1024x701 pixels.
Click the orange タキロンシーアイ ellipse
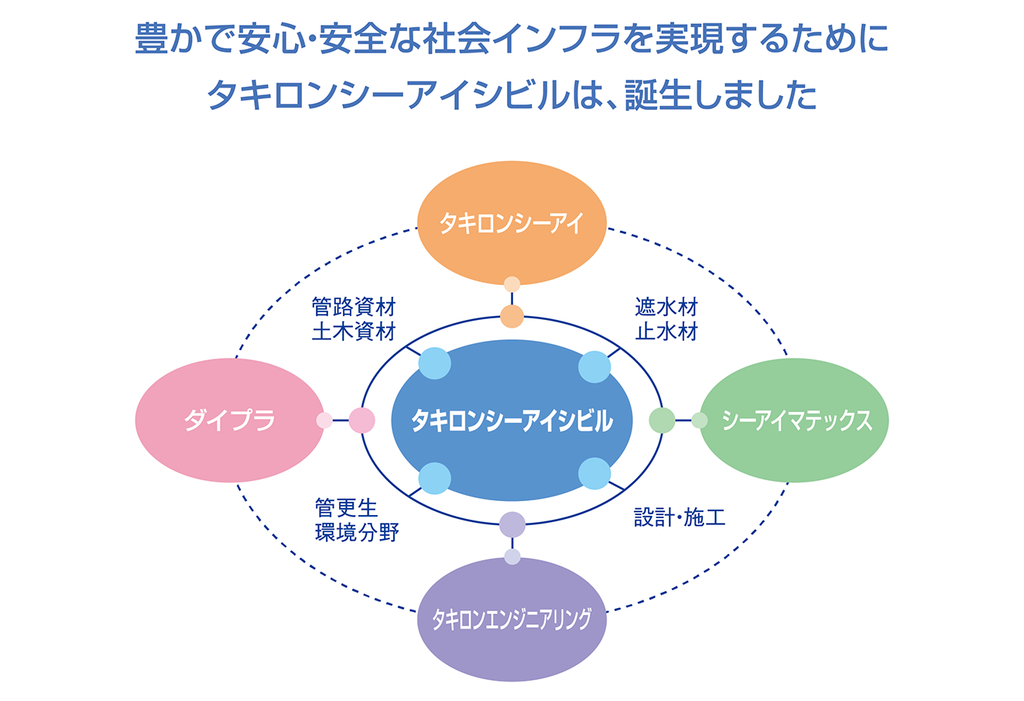[x=512, y=223]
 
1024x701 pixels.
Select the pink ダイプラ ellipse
[x=230, y=420]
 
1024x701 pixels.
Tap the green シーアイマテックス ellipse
[x=794, y=420]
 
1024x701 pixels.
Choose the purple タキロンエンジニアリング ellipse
[x=512, y=619]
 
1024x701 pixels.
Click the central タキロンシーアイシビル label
[x=512, y=421]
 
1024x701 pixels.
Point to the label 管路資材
[x=354, y=307]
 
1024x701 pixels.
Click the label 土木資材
[x=354, y=332]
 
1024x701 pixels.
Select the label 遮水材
[x=666, y=307]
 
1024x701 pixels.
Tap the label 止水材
[x=666, y=332]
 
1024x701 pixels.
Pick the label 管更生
[x=347, y=507]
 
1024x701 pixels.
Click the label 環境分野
[x=357, y=532]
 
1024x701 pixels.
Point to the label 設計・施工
[x=680, y=517]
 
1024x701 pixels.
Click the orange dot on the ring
[x=512, y=316]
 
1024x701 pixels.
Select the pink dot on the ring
[x=362, y=420]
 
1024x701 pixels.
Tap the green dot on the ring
[x=662, y=420]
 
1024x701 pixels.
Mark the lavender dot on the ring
[x=512, y=524]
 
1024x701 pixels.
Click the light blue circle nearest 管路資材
[x=435, y=363]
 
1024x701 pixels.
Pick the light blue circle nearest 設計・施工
[x=594, y=473]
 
